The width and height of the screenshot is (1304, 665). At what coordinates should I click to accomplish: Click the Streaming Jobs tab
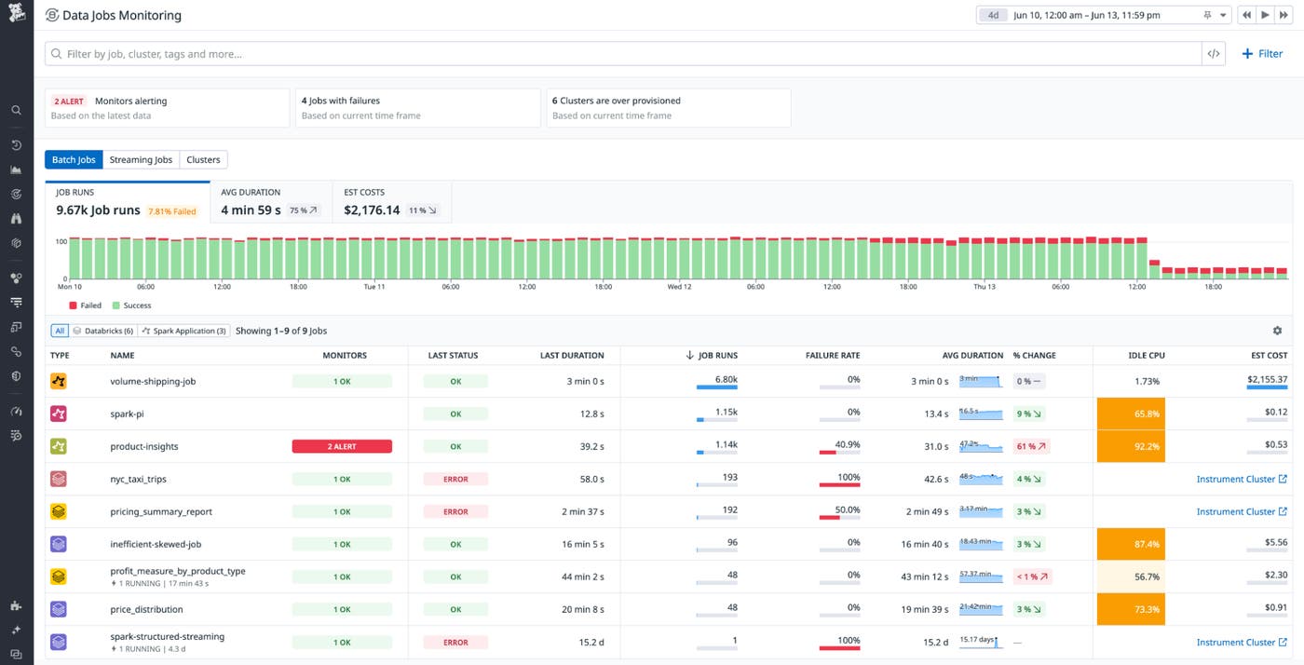click(141, 159)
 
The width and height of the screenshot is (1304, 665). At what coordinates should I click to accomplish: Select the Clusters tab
click(203, 159)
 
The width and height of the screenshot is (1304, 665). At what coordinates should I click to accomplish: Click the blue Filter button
click(1262, 54)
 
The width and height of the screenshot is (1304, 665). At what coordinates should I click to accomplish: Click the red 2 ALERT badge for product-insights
click(342, 447)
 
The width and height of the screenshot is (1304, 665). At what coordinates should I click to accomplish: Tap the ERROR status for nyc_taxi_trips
click(455, 480)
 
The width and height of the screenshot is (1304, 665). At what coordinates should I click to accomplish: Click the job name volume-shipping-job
click(153, 382)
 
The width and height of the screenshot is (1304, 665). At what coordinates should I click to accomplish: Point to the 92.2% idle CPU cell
click(1131, 447)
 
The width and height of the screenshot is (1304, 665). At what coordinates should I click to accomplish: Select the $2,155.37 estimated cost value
click(1267, 380)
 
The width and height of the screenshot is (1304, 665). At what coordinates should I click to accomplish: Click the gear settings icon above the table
click(1277, 331)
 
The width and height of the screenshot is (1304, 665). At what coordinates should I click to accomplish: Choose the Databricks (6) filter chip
click(103, 331)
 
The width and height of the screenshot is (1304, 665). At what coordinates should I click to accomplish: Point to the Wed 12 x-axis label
click(680, 287)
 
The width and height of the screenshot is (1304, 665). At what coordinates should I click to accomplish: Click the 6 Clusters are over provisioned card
click(668, 107)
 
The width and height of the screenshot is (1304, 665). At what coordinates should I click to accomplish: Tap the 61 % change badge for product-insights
click(1030, 447)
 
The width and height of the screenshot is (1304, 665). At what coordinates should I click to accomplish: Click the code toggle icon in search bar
click(1213, 54)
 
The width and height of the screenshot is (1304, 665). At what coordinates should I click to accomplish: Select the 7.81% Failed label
click(172, 211)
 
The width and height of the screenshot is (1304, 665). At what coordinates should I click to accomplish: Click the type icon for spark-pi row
click(59, 414)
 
